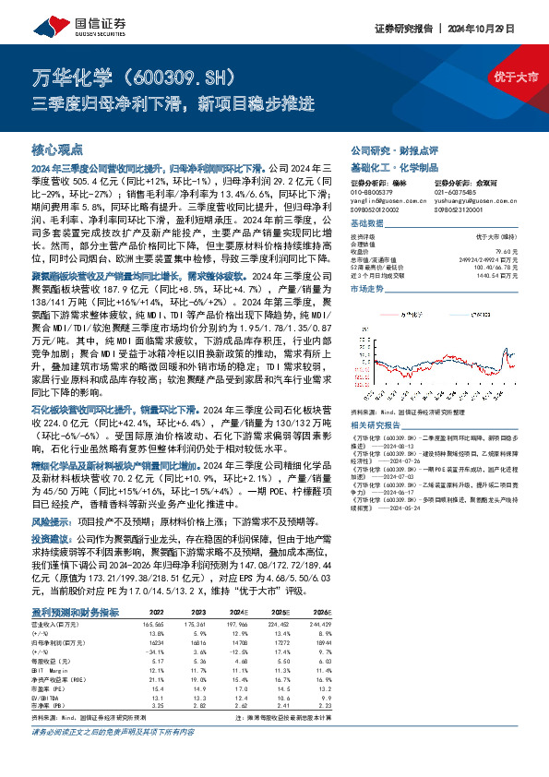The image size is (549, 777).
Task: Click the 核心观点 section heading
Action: [x=57, y=149]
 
